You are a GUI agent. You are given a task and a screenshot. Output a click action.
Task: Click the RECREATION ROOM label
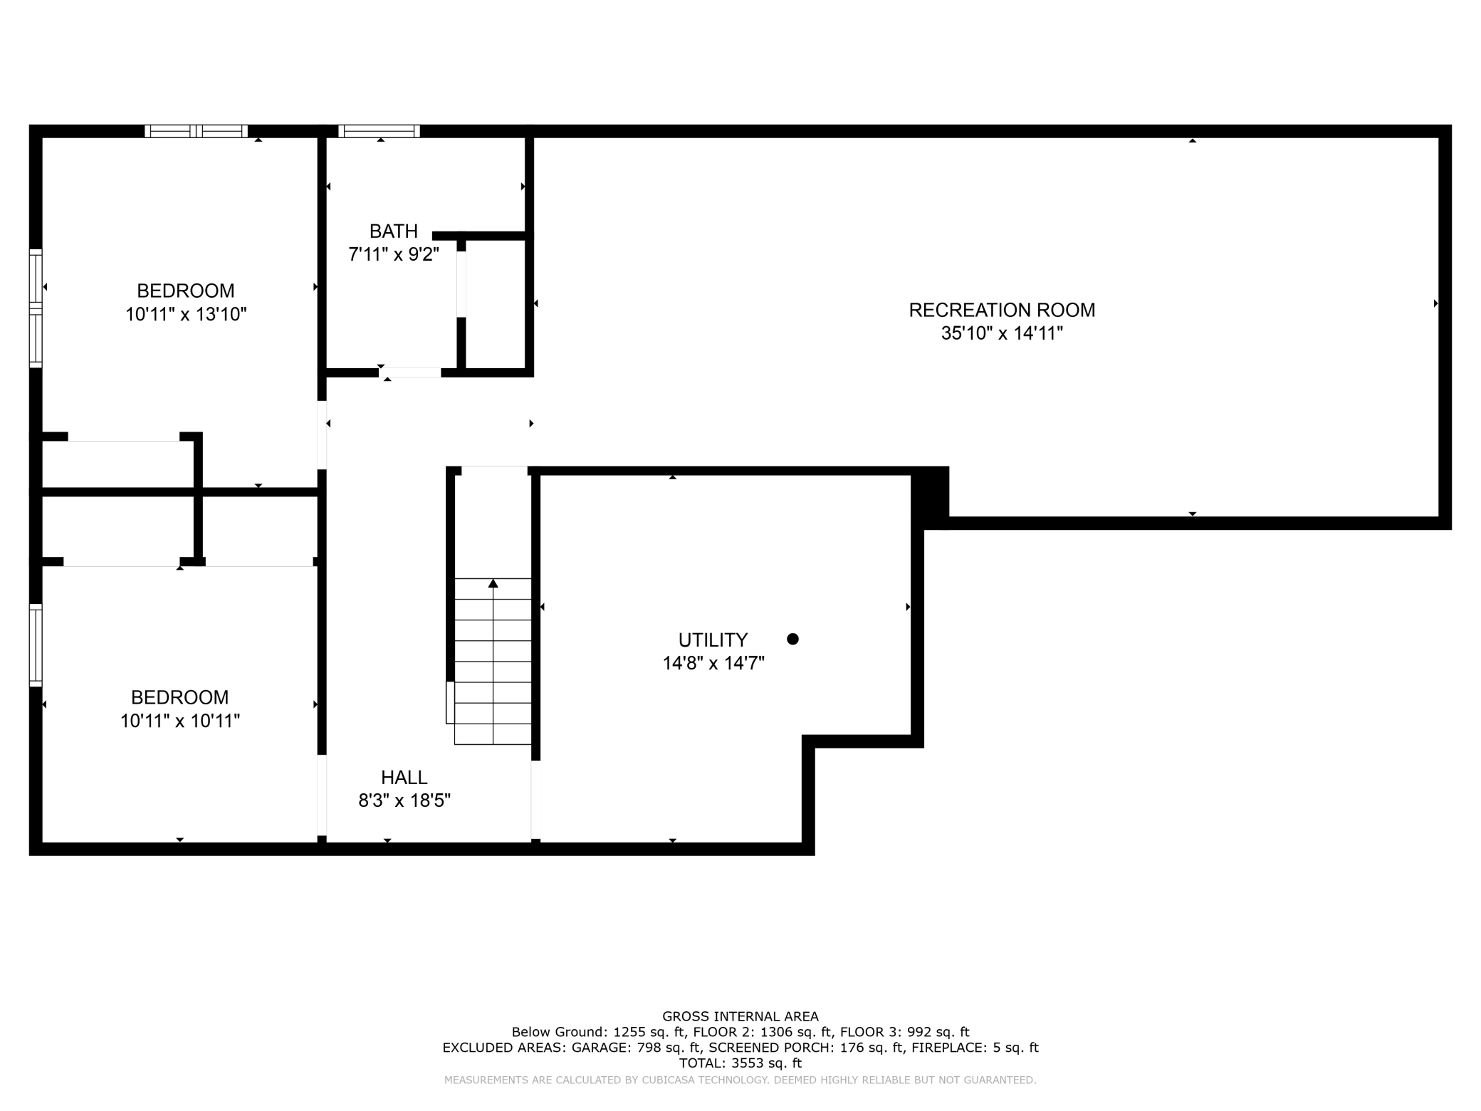[1002, 310]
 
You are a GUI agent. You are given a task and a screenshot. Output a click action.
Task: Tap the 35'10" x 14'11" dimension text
[1002, 333]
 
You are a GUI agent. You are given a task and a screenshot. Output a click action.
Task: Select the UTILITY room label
[713, 640]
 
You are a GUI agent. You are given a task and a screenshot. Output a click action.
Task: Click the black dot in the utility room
[792, 639]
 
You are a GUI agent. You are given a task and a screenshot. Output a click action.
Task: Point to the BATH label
[393, 231]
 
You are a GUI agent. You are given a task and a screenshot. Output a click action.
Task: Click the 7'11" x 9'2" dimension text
[393, 254]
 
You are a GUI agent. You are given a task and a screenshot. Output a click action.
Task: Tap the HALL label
[404, 777]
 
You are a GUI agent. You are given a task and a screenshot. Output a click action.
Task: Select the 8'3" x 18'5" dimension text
[404, 800]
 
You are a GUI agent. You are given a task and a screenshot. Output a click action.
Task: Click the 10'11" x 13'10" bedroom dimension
[186, 314]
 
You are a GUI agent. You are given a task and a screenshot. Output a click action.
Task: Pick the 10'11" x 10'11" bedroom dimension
[179, 721]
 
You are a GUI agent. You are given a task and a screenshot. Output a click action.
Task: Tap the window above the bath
[379, 131]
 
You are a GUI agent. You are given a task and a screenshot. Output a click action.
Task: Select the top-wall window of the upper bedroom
[196, 131]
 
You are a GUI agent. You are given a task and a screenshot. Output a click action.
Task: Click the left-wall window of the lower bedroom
[36, 645]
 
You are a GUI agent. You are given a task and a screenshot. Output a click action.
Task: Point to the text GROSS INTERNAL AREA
[740, 1016]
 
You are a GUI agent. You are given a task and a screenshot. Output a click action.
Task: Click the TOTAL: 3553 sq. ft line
[740, 1063]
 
